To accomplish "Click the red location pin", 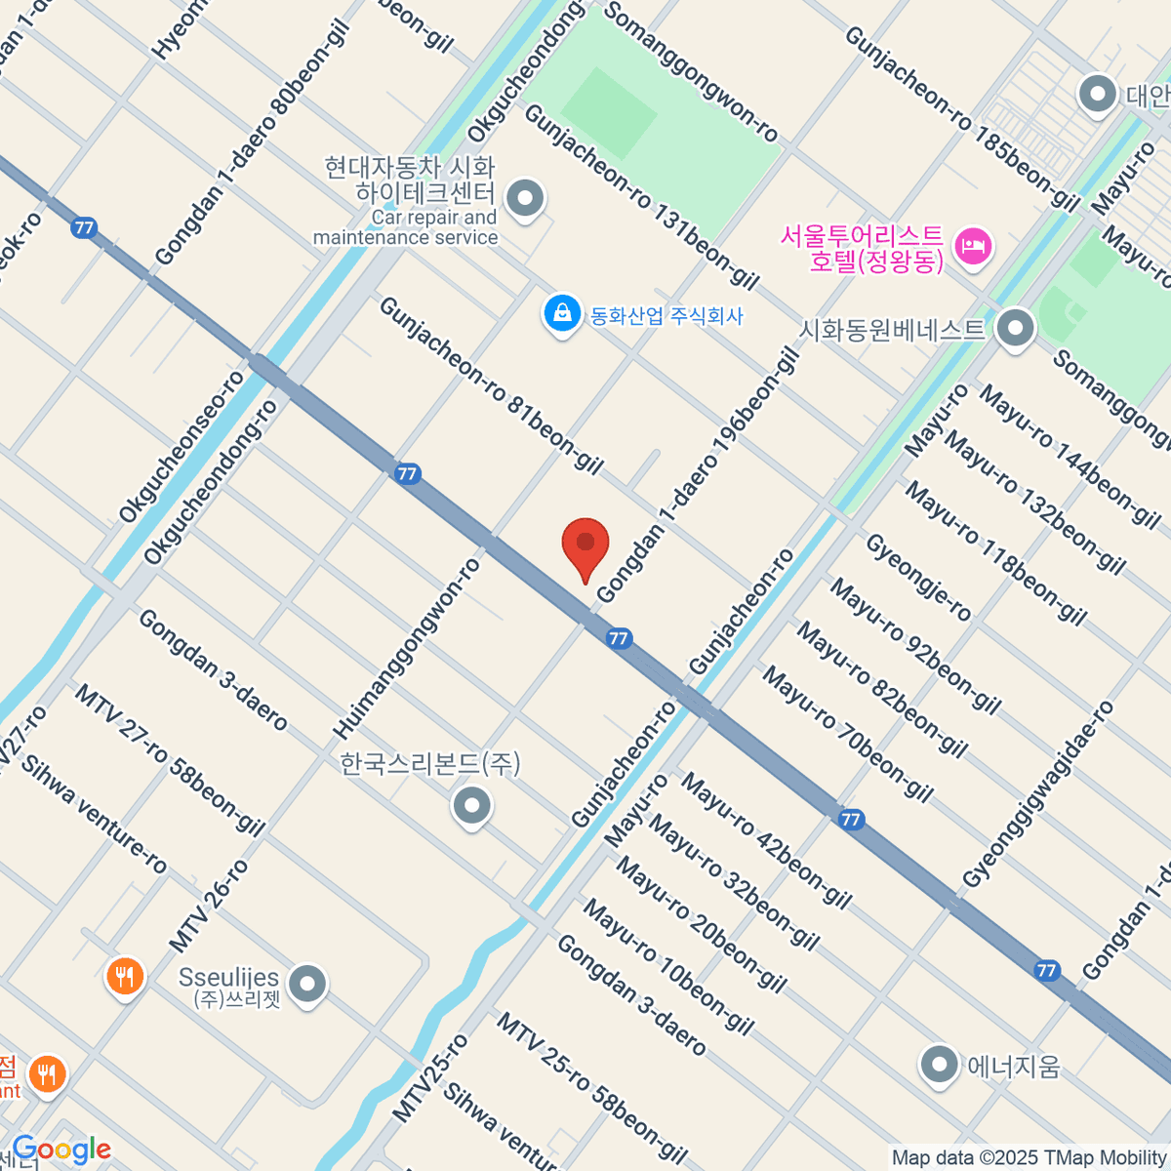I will pos(585,546).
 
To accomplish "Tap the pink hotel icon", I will pos(974,245).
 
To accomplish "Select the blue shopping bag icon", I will pos(562,314).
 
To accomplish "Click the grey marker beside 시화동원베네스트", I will pos(1016,328).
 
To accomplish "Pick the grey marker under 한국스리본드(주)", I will pos(472,806).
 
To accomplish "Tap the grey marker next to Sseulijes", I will pos(308,984).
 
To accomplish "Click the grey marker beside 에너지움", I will pos(940,1065).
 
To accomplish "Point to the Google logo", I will pos(61,1150).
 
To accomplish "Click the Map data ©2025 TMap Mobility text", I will pos(1029,1158).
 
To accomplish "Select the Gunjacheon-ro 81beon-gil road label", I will pos(491,385).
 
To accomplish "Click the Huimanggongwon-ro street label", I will pos(408,648).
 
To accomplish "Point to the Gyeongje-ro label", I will pos(918,578).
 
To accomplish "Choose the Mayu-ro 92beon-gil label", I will pos(914,645).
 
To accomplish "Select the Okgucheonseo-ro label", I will pos(182,446).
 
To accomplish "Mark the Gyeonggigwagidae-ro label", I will pos(1037,794).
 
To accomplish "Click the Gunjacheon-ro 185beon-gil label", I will pos(960,119).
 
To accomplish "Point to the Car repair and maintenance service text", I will pos(406,227).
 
